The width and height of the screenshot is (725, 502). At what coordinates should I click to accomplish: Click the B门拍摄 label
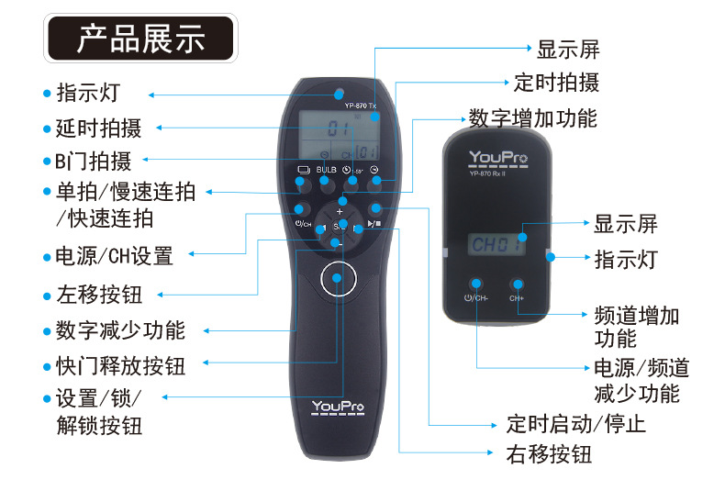[92, 162]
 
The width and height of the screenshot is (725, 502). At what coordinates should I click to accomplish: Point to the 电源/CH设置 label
[114, 255]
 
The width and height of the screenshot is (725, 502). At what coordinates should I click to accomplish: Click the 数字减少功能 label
[119, 330]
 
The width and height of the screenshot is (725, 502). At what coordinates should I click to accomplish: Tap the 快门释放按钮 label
[119, 365]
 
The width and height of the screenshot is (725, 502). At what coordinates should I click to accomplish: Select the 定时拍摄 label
[556, 83]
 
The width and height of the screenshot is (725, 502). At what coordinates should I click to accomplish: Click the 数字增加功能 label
[532, 118]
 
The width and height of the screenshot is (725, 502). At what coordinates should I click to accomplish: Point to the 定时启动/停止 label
[575, 424]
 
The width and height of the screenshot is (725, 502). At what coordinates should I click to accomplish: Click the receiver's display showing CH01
[497, 244]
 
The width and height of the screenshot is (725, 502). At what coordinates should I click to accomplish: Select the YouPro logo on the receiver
[497, 158]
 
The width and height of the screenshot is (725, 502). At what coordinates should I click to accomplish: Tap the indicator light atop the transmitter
[339, 93]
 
